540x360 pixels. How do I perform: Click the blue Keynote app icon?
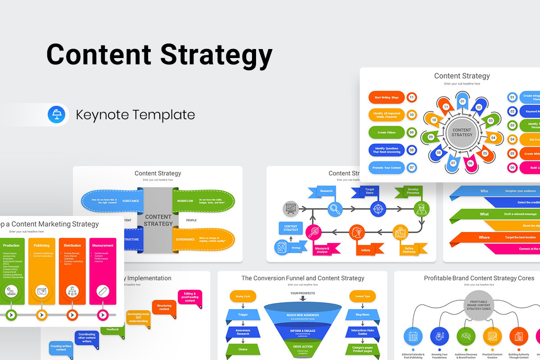pyautogui.click(x=57, y=115)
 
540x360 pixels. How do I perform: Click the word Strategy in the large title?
pyautogui.click(x=216, y=54)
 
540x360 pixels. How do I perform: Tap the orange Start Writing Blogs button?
pyautogui.click(x=387, y=97)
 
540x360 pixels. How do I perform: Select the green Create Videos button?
pyautogui.click(x=387, y=132)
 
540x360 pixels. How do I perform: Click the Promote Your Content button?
pyautogui.click(x=387, y=167)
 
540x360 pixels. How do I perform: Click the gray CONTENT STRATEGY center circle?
pyautogui.click(x=462, y=133)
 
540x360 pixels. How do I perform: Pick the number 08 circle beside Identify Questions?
pyautogui.click(x=411, y=150)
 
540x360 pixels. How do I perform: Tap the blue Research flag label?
pyautogui.click(x=326, y=191)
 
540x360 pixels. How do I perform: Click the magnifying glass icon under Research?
pyautogui.click(x=335, y=208)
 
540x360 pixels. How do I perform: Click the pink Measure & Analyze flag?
pyautogui.click(x=322, y=250)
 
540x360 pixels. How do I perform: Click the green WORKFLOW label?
pyautogui.click(x=185, y=201)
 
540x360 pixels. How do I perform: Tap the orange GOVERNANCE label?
pyautogui.click(x=185, y=239)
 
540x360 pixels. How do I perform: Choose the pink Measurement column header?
pyautogui.click(x=103, y=246)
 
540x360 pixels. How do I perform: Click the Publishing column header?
pyautogui.click(x=42, y=246)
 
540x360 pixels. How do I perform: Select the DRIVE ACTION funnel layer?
pyautogui.click(x=302, y=346)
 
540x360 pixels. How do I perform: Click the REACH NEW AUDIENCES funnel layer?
pyautogui.click(x=302, y=315)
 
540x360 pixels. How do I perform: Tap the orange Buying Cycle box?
pyautogui.click(x=243, y=296)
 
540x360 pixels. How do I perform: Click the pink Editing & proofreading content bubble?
pyautogui.click(x=190, y=297)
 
